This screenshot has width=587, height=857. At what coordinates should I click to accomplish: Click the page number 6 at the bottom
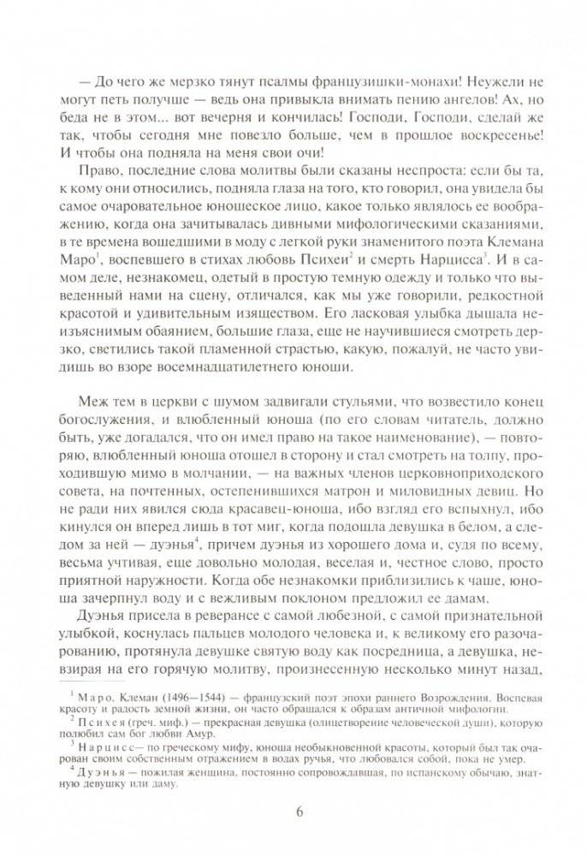pyautogui.click(x=299, y=813)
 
